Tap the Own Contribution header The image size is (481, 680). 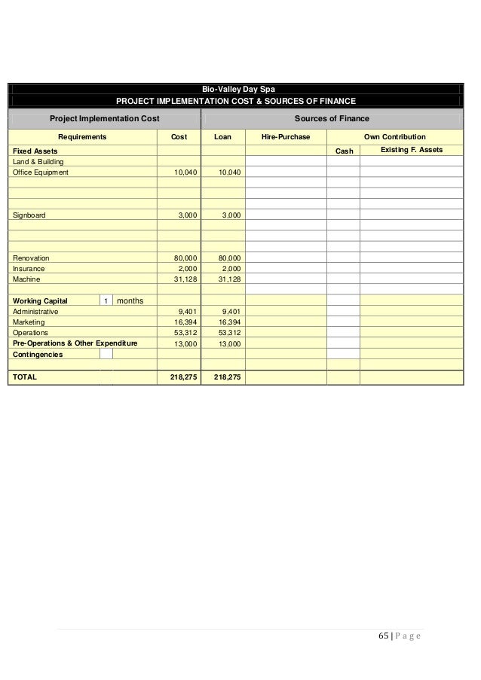[394, 137]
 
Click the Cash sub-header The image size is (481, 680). [344, 151]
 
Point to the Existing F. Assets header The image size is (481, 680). [412, 151]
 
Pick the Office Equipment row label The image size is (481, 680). [41, 172]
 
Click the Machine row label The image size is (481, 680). [27, 279]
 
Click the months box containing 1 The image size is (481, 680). [106, 300]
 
